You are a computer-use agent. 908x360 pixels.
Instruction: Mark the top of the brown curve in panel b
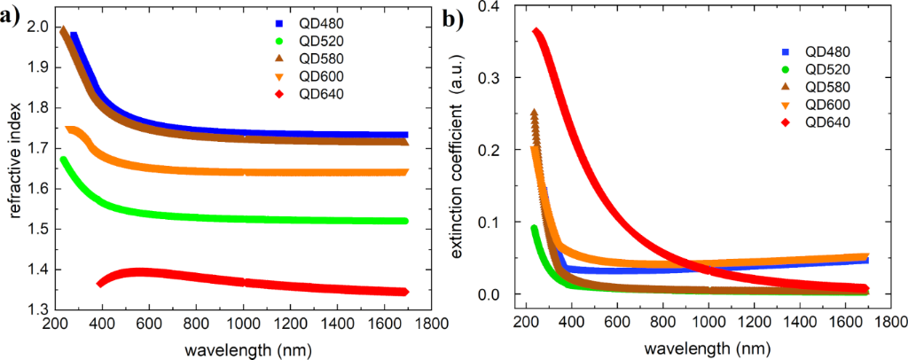pyautogui.click(x=534, y=113)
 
